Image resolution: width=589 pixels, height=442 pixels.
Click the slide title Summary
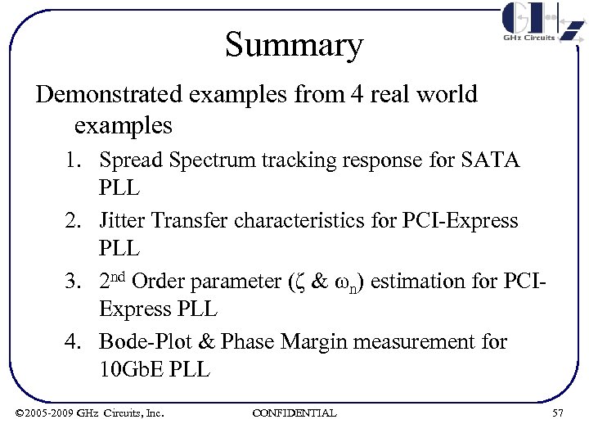294,45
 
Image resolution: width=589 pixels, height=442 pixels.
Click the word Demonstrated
110,94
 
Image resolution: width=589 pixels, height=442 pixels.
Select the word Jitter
122,220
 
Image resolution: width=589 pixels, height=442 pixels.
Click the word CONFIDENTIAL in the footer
294,413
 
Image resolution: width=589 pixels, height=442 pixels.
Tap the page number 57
558,413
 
